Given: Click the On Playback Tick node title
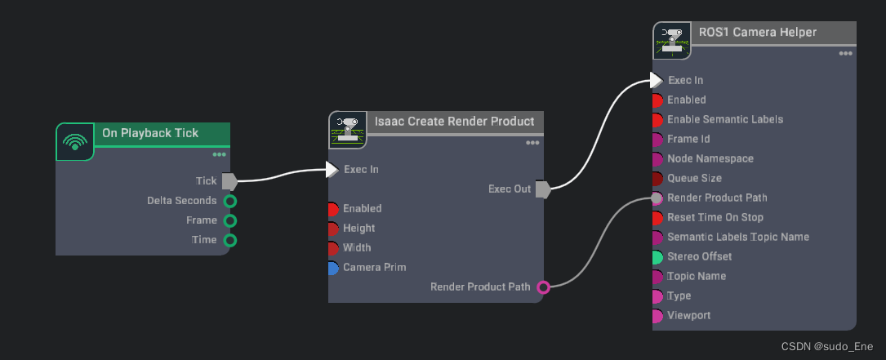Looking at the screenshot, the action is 150,133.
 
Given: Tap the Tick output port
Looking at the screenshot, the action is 229,181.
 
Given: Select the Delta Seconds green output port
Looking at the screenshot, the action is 230,201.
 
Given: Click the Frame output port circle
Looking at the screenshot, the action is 230,220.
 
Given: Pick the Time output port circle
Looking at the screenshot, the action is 230,240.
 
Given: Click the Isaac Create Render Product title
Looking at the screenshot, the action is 454,122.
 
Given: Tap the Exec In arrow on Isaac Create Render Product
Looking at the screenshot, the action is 332,170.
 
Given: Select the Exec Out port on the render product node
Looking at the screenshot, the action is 542,189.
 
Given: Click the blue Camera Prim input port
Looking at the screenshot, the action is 332,268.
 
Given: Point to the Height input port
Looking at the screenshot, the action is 332,229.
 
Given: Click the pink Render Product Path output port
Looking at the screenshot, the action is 543,287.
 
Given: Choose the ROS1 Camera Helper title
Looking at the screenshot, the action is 758,33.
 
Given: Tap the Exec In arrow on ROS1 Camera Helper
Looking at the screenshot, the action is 657,80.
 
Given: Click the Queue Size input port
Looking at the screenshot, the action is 657,178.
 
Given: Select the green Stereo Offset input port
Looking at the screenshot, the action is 657,256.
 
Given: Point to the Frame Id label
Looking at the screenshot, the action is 688,139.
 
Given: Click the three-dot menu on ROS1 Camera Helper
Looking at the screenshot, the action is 846,54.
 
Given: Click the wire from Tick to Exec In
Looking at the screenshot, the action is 282,174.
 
